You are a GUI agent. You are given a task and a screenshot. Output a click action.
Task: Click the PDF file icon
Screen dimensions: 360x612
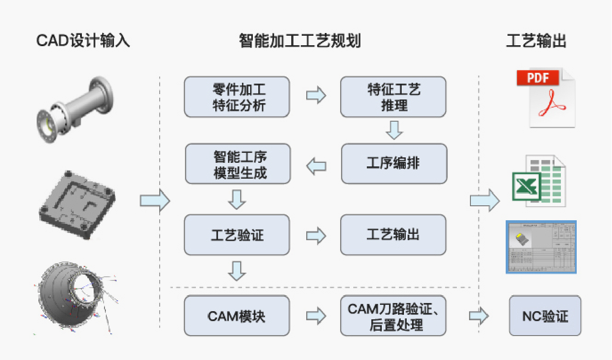[x=546, y=97]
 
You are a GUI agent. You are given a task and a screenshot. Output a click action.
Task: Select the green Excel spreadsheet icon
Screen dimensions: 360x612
[x=539, y=181]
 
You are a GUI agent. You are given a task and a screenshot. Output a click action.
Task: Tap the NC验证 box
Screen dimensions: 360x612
[x=545, y=316]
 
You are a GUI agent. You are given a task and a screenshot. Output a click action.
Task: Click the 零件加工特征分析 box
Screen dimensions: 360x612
[x=237, y=97]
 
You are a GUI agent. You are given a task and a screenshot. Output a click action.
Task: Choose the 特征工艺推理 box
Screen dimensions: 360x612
[x=393, y=97]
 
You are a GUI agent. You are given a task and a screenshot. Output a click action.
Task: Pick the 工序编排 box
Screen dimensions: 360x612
[x=393, y=164]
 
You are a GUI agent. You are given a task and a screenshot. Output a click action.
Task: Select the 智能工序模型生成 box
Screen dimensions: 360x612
[x=238, y=164]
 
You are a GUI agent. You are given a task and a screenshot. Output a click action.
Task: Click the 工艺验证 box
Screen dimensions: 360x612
[x=237, y=235]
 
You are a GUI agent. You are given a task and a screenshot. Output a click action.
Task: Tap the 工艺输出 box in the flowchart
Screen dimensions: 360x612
[x=393, y=235]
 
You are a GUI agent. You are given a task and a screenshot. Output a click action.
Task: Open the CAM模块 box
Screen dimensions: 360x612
[x=237, y=316]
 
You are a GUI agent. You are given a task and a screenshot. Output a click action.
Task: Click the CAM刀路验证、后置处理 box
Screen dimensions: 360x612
[x=393, y=316]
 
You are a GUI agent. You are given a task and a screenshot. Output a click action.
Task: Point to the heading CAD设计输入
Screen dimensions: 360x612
[x=83, y=41]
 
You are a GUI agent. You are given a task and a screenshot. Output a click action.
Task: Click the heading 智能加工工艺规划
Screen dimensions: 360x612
[x=300, y=41]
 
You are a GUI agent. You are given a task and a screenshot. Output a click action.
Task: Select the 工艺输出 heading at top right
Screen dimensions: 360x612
[x=536, y=41]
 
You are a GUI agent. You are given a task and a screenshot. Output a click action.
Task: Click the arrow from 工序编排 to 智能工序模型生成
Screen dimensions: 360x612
[x=316, y=166]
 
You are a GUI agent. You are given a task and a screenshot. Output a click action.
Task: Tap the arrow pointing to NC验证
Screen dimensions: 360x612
[x=479, y=316]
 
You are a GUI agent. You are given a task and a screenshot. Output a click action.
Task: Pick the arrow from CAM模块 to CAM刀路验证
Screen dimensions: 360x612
[x=316, y=316]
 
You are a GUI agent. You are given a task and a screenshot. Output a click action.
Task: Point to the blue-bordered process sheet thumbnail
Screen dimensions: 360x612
[x=541, y=247]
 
